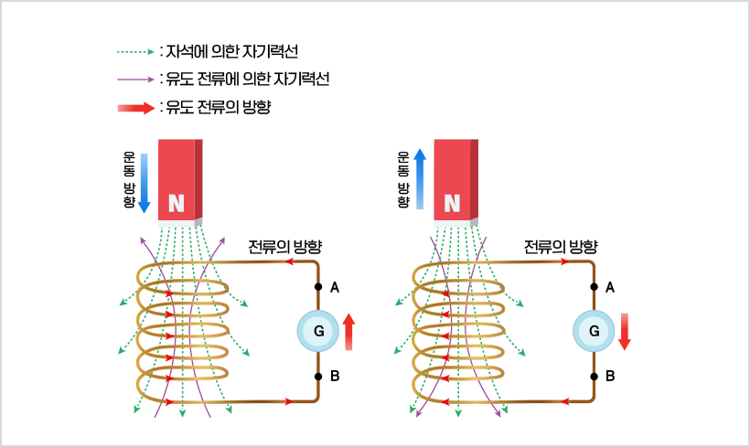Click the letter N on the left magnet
click(x=177, y=203)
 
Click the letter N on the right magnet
click(x=452, y=203)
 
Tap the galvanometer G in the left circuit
click(x=318, y=332)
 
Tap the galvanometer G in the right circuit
click(x=594, y=332)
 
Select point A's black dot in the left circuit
click(x=318, y=287)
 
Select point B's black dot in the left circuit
click(x=318, y=376)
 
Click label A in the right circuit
click(x=610, y=287)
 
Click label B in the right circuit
click(x=610, y=376)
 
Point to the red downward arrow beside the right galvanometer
click(x=625, y=331)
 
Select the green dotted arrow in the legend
click(x=135, y=50)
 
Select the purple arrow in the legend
click(x=135, y=79)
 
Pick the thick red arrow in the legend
click(x=135, y=108)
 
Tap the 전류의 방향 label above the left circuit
click(x=284, y=247)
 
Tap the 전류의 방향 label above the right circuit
click(x=560, y=247)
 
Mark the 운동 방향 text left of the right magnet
click(x=402, y=179)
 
